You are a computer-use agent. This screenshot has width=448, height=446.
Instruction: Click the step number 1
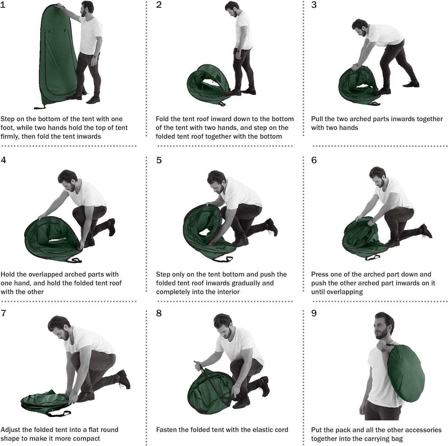click(3, 5)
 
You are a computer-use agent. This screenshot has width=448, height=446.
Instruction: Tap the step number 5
click(159, 161)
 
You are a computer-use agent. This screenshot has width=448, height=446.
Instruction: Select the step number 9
click(314, 313)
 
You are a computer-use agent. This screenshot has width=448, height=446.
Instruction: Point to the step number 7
click(3, 313)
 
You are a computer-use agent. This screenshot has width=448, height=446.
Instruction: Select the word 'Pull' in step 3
click(317, 119)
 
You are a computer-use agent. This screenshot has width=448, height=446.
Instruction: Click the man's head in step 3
click(360, 27)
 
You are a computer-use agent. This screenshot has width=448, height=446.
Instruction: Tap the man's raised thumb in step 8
click(196, 362)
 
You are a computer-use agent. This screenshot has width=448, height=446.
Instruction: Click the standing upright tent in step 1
click(58, 56)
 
